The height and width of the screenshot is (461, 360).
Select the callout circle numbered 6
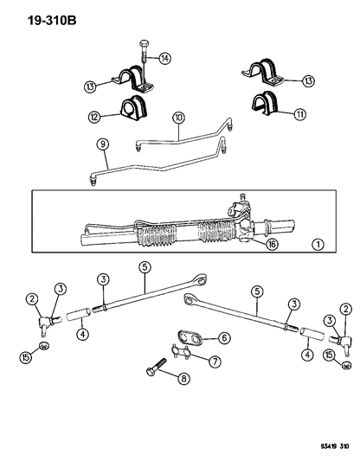(223, 338)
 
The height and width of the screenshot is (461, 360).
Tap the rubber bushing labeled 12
(132, 108)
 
